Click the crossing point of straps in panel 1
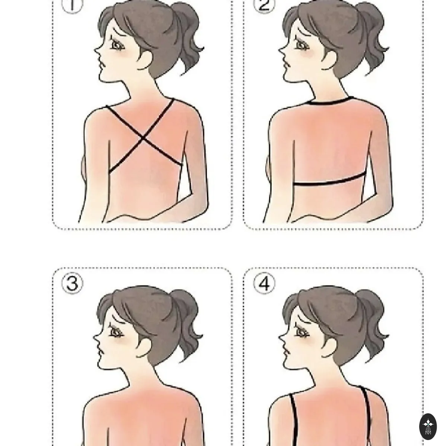click(x=143, y=138)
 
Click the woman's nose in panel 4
click(x=281, y=336)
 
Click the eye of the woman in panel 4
click(x=302, y=332)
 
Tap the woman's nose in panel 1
click(x=97, y=49)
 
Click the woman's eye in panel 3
click(x=117, y=332)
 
